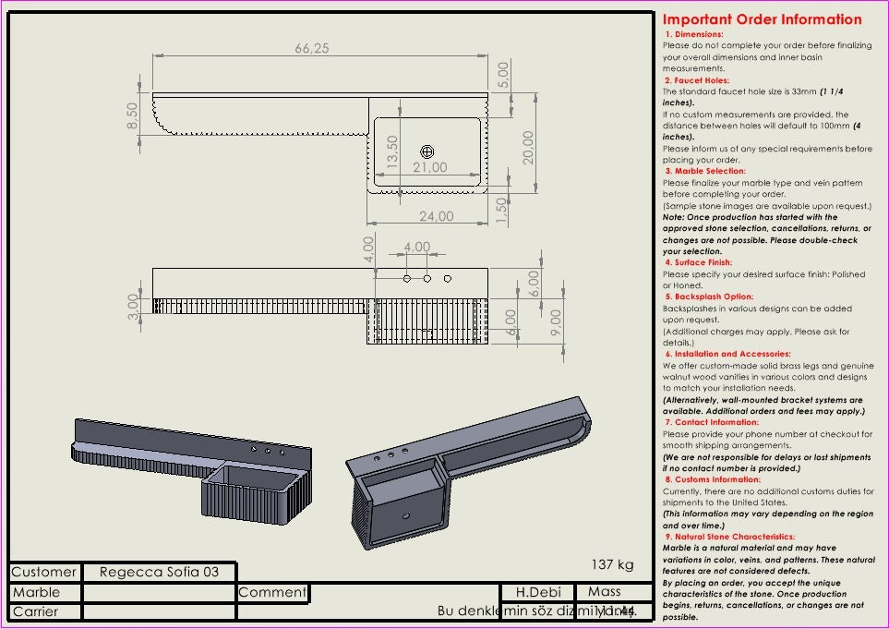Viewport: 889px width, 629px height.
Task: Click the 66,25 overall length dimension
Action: tap(312, 49)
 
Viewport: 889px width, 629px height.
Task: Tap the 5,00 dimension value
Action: tap(503, 74)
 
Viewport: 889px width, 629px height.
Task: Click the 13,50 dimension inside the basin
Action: tap(392, 152)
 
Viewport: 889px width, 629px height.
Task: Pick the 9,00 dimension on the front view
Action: tap(556, 321)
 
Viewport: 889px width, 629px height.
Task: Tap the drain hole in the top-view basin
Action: tap(427, 151)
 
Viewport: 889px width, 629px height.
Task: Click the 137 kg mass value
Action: tap(613, 564)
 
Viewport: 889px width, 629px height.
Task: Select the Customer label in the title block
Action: tap(44, 572)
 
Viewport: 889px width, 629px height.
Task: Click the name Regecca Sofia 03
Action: tap(159, 572)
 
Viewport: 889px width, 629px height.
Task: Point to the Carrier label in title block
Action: tap(35, 611)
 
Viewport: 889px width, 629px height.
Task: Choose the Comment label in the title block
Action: tap(272, 592)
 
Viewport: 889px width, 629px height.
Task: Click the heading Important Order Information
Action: tap(762, 19)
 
